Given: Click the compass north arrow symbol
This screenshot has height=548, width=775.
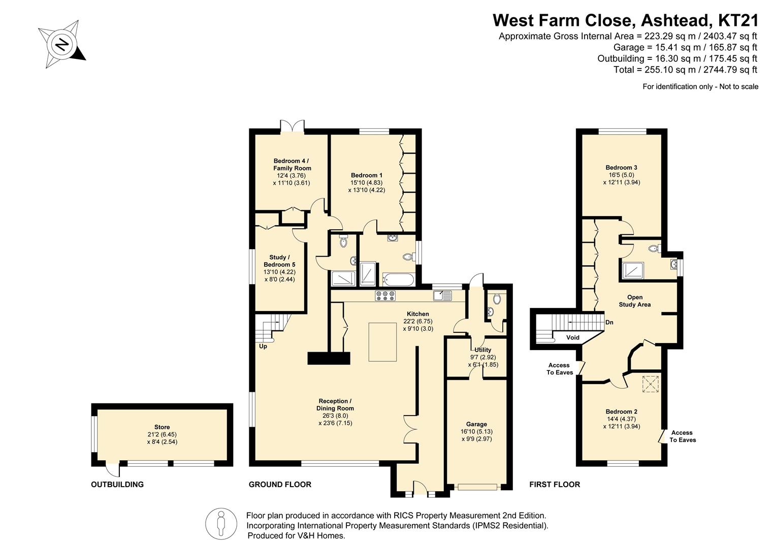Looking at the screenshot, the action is coord(62,44).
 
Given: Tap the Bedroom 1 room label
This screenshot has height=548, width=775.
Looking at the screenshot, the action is coord(366,175).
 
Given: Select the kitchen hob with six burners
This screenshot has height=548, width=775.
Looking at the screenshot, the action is coord(385,296).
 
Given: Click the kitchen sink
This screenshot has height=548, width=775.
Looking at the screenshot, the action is coord(442,296).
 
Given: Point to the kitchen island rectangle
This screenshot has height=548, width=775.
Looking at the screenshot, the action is coord(382,342).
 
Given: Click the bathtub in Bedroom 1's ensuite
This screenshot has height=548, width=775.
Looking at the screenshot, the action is coord(398,280).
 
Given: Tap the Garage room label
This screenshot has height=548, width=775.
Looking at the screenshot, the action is coord(476,424).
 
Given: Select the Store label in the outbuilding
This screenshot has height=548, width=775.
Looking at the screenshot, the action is coord(162,427).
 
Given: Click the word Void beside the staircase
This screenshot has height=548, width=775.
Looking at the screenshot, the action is coord(572,337).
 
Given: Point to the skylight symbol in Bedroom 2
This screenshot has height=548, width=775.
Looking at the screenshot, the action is coord(650,384).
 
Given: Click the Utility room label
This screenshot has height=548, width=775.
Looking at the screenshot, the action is coord(482,350).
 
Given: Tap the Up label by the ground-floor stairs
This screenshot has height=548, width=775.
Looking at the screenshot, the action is coord(263,347).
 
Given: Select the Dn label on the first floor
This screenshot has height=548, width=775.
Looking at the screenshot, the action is coord(609,322).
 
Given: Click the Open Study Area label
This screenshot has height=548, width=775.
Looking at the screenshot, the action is coord(635,301).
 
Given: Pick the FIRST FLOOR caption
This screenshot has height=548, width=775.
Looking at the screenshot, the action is coord(555,485).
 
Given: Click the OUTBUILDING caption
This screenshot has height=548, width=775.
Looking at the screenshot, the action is coord(117,485).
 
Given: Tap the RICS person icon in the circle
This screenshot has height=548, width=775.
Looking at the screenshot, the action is coord(221,524).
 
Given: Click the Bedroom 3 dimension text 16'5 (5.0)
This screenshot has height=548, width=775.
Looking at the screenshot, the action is coord(622,175).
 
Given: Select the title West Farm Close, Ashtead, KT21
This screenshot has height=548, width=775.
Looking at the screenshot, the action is coord(626,20).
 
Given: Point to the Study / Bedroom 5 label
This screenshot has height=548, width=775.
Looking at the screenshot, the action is coord(279,261).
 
